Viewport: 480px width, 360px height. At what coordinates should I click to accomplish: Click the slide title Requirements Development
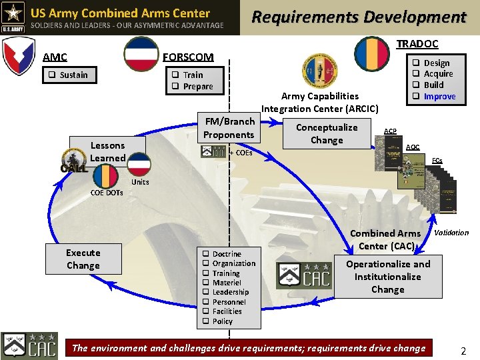358,17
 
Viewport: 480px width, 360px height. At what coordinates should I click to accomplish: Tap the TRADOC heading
417,44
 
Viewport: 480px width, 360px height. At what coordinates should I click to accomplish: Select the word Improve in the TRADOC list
439,97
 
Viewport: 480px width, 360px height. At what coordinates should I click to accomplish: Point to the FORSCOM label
189,57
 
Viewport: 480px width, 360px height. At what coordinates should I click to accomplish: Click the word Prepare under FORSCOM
198,87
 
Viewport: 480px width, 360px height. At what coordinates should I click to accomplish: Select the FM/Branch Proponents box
229,128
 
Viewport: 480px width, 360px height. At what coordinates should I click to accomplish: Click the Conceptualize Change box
327,134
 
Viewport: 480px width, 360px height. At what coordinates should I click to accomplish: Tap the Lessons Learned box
107,151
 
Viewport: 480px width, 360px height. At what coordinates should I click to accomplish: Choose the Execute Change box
83,259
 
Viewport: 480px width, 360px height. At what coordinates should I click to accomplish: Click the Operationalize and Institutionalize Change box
388,276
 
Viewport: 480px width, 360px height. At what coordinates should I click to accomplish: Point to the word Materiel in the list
227,283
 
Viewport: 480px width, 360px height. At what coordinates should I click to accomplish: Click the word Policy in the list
223,321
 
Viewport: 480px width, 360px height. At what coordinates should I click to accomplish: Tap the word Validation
451,233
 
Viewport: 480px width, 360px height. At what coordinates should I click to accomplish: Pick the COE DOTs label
107,193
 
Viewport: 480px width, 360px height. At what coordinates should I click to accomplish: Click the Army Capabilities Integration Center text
320,102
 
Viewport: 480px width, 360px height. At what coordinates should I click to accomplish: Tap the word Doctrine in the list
227,254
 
